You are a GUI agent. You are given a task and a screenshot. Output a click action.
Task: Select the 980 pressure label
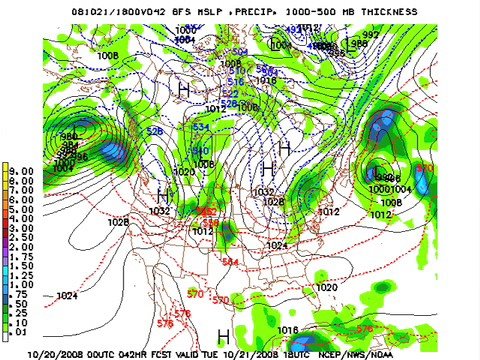[69, 136]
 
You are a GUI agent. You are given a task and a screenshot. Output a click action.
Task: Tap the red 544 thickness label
[230, 262]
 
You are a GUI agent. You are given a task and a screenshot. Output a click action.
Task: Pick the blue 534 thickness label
[201, 127]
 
